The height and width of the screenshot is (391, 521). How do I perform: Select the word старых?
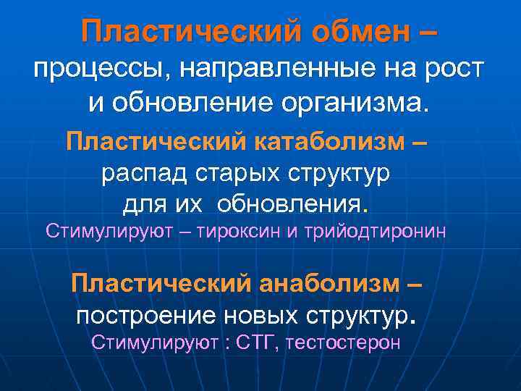[245, 173]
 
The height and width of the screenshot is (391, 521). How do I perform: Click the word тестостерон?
[343, 342]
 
